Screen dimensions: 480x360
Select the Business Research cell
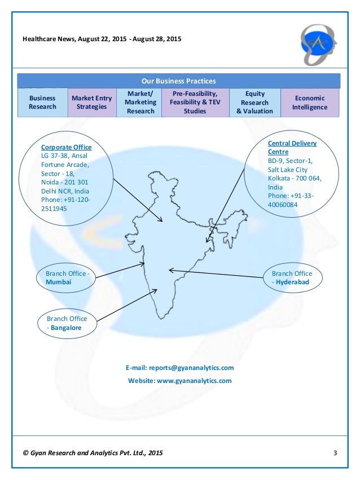tap(42, 102)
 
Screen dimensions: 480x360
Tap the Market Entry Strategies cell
tap(91, 102)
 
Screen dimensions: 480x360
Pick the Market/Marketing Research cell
tap(141, 102)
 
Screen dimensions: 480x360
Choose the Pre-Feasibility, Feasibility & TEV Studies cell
tap(195, 102)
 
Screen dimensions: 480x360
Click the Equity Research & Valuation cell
tap(254, 102)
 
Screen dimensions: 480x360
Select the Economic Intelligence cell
tap(309, 102)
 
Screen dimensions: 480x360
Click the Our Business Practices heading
tap(178, 81)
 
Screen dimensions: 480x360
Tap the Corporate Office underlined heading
tap(66, 147)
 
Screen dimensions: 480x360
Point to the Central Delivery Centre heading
tap(292, 147)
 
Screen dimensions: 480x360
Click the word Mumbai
tap(58, 282)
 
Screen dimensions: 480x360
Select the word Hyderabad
tap(292, 282)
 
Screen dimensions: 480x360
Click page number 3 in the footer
tap(335, 453)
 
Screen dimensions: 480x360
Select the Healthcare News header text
tap(102, 39)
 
